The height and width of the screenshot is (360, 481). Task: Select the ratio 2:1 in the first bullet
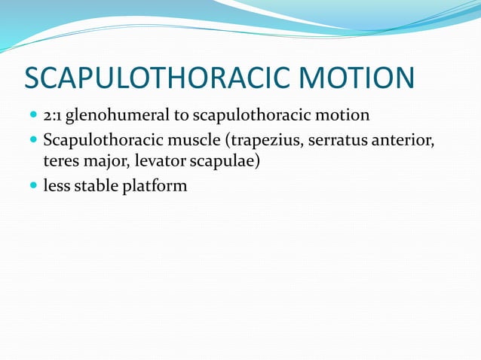pyautogui.click(x=53, y=116)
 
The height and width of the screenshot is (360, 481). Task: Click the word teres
pyautogui.click(x=60, y=161)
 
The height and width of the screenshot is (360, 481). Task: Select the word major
pyautogui.click(x=107, y=161)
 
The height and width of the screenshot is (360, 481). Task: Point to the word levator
pyautogui.click(x=160, y=161)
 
